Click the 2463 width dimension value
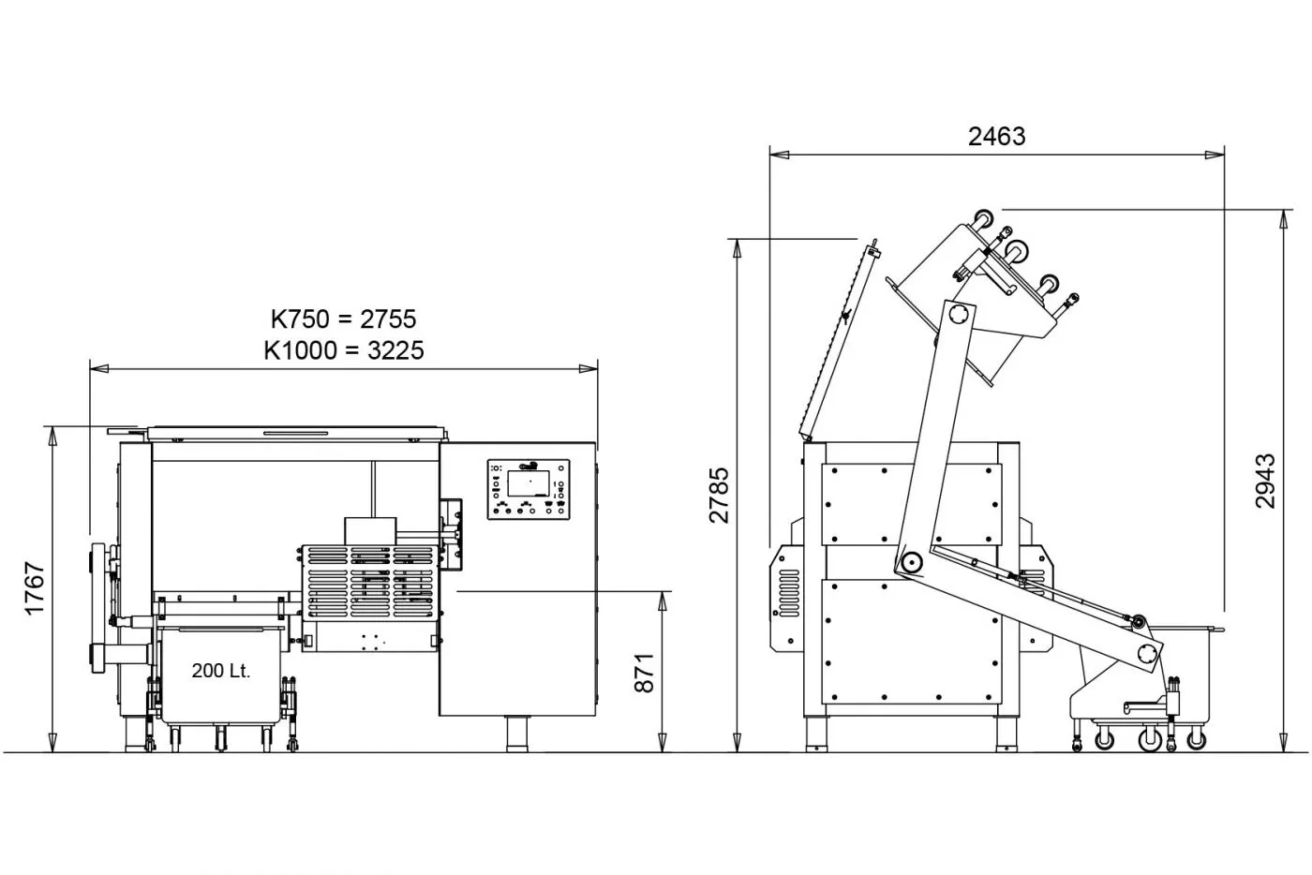coord(996,137)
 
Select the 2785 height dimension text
coord(719,495)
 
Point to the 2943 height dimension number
coord(1265,481)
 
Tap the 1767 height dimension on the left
coord(35,588)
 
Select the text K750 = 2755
coord(343,319)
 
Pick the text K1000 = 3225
coord(343,350)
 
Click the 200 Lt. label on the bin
coord(221,672)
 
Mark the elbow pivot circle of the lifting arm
coord(909,563)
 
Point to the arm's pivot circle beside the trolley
coord(1146,654)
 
